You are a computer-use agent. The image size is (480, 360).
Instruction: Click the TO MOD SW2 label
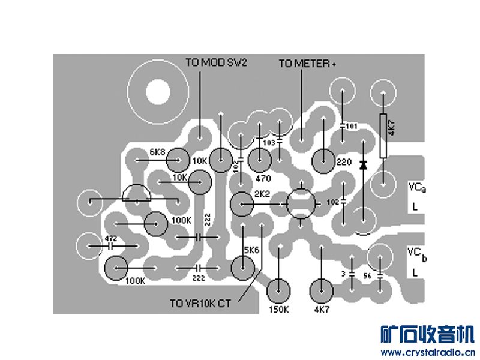click(216, 63)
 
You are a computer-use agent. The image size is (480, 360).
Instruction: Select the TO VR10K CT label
click(200, 304)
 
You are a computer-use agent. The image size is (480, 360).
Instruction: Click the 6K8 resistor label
click(157, 152)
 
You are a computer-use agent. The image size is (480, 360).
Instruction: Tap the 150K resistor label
click(277, 310)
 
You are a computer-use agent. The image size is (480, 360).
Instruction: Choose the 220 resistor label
click(344, 163)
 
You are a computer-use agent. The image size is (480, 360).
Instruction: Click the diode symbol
click(363, 164)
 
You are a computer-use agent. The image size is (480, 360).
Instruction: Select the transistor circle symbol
click(301, 203)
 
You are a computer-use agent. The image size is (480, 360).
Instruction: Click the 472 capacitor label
click(110, 238)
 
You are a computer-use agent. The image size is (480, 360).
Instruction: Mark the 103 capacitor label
click(269, 143)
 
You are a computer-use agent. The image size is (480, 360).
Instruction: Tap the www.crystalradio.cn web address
click(428, 352)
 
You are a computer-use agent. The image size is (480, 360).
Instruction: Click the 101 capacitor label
click(352, 127)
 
